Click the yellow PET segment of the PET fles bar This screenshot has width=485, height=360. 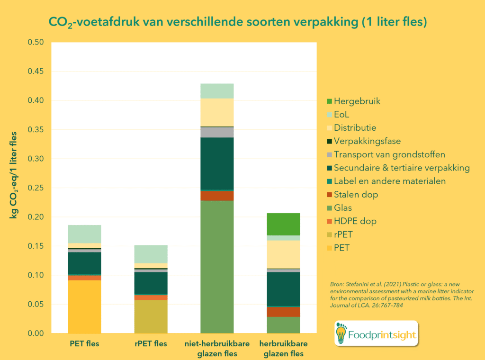pyautogui.click(x=84, y=306)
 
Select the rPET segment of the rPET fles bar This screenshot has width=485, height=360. pyautogui.click(x=151, y=316)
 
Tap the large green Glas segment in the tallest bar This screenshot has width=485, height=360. pyautogui.click(x=217, y=267)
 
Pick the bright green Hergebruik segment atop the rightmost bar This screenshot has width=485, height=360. pyautogui.click(x=283, y=224)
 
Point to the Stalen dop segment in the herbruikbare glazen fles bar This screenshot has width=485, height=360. pyautogui.click(x=283, y=312)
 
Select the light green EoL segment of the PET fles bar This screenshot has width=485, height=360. pyautogui.click(x=84, y=234)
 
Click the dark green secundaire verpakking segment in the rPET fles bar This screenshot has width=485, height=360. pyautogui.click(x=151, y=283)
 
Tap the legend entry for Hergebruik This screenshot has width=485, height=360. pyautogui.click(x=357, y=101)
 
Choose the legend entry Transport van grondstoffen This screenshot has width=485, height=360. pyautogui.click(x=389, y=154)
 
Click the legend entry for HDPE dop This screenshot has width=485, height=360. pyautogui.click(x=355, y=221)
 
